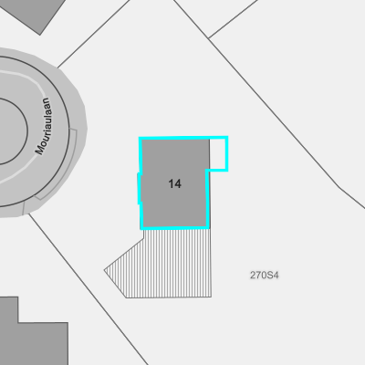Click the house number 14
175,183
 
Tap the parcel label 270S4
264,276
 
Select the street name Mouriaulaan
44,126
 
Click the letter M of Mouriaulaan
40,151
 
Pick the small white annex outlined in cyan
218,153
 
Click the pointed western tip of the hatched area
104,269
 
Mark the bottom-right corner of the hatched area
212,297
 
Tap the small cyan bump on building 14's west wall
140,189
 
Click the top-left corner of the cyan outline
141,138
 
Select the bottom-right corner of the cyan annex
226,170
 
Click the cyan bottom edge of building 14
175,227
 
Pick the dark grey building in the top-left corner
34,12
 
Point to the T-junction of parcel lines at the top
209,38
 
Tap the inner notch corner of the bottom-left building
18,322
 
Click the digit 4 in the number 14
178,183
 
